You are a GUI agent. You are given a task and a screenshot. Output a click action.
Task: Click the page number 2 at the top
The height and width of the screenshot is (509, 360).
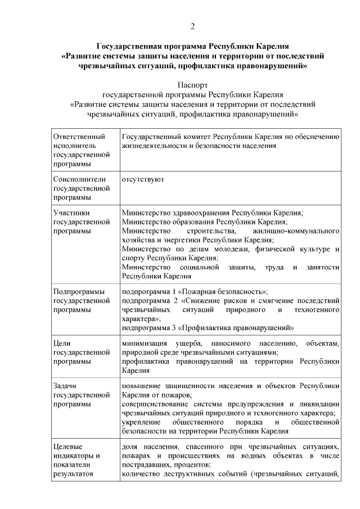pos(192,26)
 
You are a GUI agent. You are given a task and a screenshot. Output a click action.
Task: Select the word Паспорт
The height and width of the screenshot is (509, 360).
pos(192,85)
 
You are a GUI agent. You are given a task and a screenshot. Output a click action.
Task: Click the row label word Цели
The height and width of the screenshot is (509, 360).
pos(61,343)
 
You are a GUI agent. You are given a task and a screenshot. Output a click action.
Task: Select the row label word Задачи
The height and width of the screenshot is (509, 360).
pos(65,386)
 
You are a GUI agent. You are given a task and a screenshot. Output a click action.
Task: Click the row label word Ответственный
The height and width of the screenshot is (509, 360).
pos(79,136)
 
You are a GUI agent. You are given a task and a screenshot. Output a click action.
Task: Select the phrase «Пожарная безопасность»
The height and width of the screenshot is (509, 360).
pos(226,292)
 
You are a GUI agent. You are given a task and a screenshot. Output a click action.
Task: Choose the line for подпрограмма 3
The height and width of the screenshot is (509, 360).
pos(208,327)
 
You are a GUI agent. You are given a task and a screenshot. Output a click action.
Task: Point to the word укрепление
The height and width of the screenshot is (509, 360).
pos(141,422)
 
